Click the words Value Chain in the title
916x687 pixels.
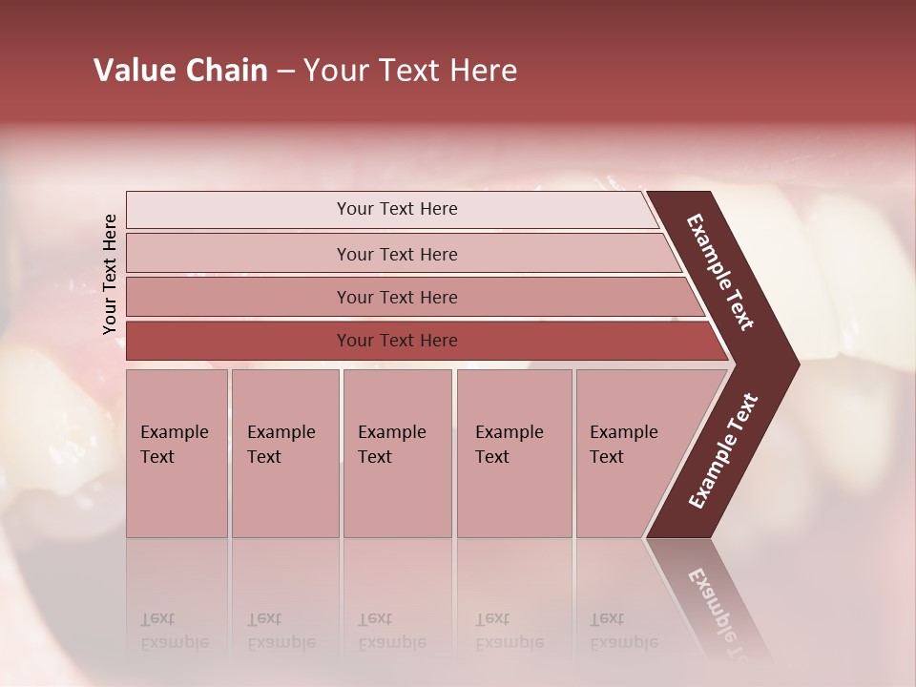(180, 71)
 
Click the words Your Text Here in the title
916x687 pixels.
(410, 71)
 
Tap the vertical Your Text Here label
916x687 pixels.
(110, 274)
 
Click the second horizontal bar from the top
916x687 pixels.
(397, 254)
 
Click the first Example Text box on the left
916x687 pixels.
(177, 453)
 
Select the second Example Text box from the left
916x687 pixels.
(284, 453)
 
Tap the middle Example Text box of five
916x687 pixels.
(397, 453)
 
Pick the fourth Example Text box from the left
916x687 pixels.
(513, 453)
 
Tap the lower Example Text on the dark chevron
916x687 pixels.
(723, 451)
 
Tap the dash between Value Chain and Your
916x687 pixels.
(285, 72)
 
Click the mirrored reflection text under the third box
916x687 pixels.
(391, 631)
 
